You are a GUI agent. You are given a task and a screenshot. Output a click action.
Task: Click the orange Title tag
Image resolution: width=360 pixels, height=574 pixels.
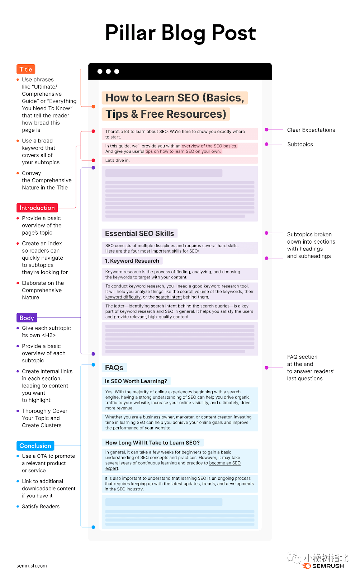26,69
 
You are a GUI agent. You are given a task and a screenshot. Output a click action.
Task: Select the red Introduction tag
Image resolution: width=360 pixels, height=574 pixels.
37,208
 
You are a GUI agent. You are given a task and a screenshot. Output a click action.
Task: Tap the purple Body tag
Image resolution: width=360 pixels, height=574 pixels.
27,318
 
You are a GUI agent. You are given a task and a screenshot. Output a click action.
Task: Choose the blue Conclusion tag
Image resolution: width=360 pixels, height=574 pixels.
35,446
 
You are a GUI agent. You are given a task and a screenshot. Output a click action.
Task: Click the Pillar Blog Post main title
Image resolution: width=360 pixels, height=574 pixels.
180,33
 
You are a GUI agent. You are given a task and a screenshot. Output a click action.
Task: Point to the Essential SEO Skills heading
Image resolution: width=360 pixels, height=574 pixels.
139,234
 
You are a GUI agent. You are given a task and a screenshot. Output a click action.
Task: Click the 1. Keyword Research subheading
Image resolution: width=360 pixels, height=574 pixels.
132,261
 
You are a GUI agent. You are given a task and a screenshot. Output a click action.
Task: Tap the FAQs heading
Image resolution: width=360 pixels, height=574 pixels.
114,368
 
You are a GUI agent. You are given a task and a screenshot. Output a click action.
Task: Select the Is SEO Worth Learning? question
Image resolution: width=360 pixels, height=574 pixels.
136,381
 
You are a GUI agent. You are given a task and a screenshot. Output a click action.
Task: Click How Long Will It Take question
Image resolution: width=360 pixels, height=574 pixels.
152,443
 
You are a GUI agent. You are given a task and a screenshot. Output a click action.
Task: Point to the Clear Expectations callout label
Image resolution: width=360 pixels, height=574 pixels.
311,130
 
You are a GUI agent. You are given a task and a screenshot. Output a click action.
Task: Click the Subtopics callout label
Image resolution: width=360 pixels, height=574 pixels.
300,144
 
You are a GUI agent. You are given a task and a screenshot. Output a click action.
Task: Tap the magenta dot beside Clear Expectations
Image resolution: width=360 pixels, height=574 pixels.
266,130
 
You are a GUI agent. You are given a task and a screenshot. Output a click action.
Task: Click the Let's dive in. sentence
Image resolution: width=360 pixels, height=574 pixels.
118,160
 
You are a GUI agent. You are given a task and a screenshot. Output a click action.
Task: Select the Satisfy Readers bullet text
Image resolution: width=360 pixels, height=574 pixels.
41,507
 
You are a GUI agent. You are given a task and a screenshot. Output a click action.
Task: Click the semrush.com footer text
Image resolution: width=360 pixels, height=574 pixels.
32,566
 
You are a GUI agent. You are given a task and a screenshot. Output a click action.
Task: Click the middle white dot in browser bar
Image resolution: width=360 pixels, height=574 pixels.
108,71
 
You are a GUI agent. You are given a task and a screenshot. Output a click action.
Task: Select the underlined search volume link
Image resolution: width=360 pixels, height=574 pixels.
194,292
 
